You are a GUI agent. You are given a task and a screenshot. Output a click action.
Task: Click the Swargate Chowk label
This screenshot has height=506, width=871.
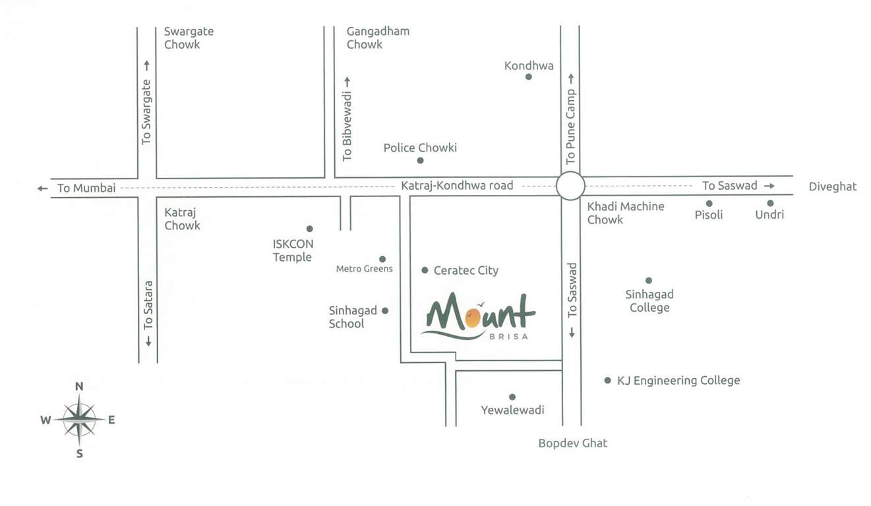(189, 38)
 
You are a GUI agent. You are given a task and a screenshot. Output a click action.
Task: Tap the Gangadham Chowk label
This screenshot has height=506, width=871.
(378, 38)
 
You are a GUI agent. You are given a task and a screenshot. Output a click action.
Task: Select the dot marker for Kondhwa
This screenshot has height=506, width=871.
(528, 77)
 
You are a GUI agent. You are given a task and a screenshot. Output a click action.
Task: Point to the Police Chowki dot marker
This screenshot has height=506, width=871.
(420, 160)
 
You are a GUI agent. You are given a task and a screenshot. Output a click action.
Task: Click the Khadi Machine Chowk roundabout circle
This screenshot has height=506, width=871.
(570, 186)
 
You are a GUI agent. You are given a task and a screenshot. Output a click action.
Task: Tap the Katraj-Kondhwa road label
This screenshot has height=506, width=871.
(457, 186)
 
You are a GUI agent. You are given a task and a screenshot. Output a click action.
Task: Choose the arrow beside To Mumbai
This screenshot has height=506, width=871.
(43, 188)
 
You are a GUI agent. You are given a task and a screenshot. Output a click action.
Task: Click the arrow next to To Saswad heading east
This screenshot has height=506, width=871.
(769, 186)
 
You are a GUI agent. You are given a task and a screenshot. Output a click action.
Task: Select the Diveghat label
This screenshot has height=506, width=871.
(833, 186)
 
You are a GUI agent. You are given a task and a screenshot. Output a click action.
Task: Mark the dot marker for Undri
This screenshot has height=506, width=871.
(770, 204)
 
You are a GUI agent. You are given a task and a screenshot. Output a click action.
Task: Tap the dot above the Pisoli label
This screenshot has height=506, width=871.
(709, 204)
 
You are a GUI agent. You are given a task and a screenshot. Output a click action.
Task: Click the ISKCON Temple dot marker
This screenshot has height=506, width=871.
(309, 229)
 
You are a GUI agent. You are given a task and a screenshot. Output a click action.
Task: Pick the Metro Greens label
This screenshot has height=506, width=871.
(364, 269)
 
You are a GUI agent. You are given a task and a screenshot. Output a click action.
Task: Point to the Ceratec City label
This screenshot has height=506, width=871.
(466, 270)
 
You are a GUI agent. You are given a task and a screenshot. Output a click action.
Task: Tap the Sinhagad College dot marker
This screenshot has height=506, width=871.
(649, 281)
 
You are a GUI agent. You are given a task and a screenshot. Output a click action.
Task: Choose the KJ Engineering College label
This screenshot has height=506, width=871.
(678, 380)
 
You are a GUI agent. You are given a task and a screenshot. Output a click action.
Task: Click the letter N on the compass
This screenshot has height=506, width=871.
(79, 387)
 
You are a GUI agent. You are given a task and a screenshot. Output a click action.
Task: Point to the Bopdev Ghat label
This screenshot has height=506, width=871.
(573, 443)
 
